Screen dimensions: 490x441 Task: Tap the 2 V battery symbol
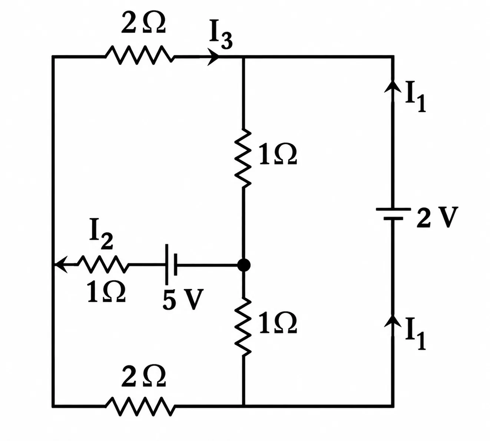[393, 214]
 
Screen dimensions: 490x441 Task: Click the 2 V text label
[437, 218]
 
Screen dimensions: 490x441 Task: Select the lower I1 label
[415, 334]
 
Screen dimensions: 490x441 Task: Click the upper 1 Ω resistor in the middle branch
[243, 158]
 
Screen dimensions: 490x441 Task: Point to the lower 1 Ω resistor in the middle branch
[243, 327]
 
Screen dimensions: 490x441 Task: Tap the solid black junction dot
[244, 265]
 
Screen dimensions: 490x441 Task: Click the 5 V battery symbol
[171, 264]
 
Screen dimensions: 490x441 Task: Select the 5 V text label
[183, 300]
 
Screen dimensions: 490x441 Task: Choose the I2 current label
[101, 239]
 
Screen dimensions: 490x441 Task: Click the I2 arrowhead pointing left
[61, 265]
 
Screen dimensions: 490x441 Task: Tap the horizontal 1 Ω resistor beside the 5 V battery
[102, 264]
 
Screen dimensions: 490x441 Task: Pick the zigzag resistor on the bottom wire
[140, 406]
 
